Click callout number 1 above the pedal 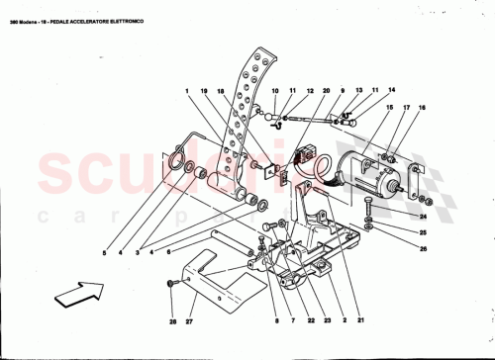pyautogui.click(x=185, y=92)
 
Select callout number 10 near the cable pyautogui.click(x=274, y=92)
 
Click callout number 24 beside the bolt pyautogui.click(x=422, y=217)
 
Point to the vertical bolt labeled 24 pyautogui.click(x=368, y=211)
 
